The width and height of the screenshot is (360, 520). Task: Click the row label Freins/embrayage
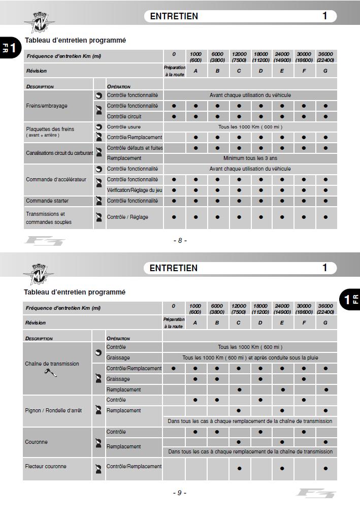coord(47,106)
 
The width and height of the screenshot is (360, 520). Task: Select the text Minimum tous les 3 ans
coord(250,158)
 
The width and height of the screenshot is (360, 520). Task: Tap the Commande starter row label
coord(47,201)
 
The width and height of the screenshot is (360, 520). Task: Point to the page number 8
coord(180,240)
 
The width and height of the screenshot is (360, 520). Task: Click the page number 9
coord(179,493)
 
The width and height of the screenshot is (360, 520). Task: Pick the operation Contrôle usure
coord(124,127)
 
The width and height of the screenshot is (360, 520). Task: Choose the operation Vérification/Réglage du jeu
coord(135,190)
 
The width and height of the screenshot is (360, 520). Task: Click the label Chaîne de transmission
coord(52,364)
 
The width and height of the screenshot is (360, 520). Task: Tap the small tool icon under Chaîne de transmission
coord(51,373)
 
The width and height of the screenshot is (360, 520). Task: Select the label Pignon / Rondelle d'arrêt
coord(53,410)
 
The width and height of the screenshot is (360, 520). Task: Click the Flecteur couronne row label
coord(46,466)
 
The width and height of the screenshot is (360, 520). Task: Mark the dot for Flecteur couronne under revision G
coord(325,468)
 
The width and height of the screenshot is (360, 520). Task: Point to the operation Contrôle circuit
coord(124,117)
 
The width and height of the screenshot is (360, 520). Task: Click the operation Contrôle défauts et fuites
coord(135,148)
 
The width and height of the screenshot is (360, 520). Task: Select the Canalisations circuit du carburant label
coord(59,153)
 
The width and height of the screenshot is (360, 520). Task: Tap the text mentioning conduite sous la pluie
coord(250,357)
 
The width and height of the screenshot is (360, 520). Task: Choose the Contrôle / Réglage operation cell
coord(127,217)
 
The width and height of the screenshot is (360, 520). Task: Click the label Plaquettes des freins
coord(50,129)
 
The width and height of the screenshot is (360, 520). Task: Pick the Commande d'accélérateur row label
coord(56,179)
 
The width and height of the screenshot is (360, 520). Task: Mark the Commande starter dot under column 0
coord(174,201)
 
